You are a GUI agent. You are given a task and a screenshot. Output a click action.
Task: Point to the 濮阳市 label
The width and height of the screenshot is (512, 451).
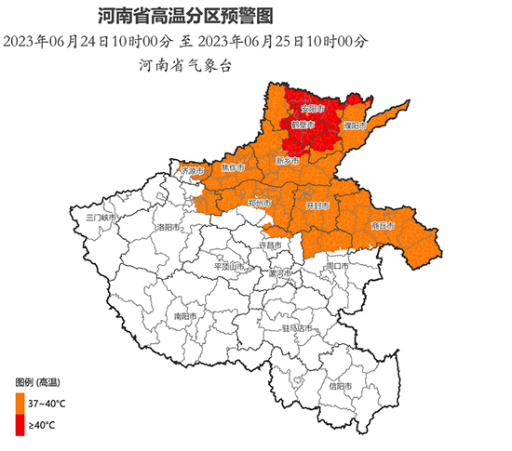(356, 125)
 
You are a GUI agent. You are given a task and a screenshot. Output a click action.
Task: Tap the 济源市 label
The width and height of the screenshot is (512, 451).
(192, 171)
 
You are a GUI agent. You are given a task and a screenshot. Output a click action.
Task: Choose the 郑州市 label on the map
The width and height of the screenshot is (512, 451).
(260, 202)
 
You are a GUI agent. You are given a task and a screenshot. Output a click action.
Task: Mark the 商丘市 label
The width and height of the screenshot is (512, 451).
(384, 225)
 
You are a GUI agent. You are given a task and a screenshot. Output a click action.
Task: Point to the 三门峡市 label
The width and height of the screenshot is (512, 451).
(99, 217)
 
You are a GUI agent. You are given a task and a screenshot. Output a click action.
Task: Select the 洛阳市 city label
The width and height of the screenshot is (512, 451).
(168, 226)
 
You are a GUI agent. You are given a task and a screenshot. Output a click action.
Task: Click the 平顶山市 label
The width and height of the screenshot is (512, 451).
(229, 266)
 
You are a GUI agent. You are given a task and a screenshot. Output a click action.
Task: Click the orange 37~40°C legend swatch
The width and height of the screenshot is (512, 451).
(20, 403)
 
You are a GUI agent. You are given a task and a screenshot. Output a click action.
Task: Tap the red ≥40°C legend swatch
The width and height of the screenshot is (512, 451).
(20, 425)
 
